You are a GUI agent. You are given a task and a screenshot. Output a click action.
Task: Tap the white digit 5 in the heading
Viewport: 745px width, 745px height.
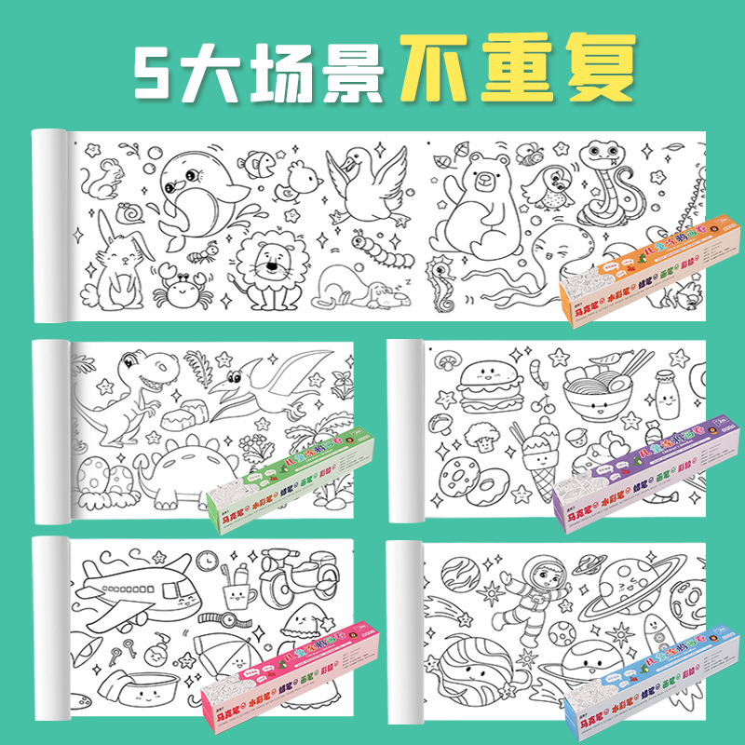click(x=160, y=70)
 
